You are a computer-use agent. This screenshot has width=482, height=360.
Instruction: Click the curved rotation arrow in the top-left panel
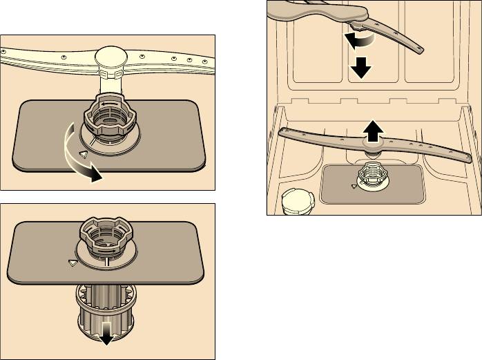click(76, 155)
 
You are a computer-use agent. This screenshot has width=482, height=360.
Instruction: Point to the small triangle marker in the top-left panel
click(84, 154)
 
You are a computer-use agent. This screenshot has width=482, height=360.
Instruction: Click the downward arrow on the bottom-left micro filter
click(106, 335)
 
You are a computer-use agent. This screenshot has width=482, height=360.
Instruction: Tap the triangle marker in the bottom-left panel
click(72, 263)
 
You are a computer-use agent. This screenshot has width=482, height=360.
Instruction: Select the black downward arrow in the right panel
click(360, 68)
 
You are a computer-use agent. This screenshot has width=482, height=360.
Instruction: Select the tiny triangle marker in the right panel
click(354, 185)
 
